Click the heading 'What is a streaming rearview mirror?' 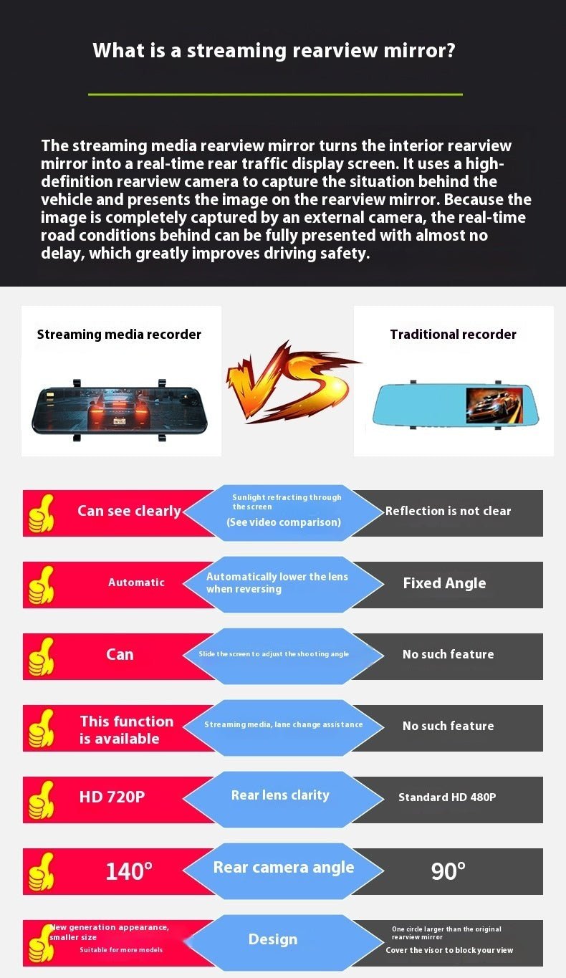pyautogui.click(x=274, y=51)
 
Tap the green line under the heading pyautogui.click(x=275, y=94)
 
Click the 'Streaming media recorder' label pyautogui.click(x=119, y=335)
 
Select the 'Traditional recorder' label pyautogui.click(x=453, y=335)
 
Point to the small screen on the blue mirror pyautogui.click(x=494, y=406)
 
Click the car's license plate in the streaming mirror pyautogui.click(x=119, y=421)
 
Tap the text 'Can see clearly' pyautogui.click(x=129, y=512)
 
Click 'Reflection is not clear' pyautogui.click(x=448, y=511)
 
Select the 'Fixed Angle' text pyautogui.click(x=444, y=583)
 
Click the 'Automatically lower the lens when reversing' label pyautogui.click(x=277, y=583)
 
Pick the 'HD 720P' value pyautogui.click(x=112, y=797)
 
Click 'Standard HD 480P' pyautogui.click(x=447, y=797)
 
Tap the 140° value pyautogui.click(x=129, y=871)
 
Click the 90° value pyautogui.click(x=448, y=871)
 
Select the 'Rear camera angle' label pyautogui.click(x=284, y=868)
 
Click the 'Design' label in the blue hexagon pyautogui.click(x=272, y=939)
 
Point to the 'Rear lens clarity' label pyautogui.click(x=280, y=795)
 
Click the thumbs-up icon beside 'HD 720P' pyautogui.click(x=41, y=800)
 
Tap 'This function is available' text pyautogui.click(x=127, y=730)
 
